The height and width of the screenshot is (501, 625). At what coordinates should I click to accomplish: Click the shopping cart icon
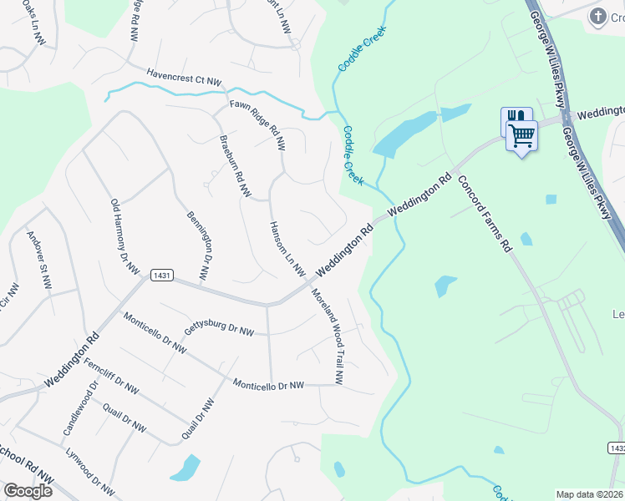click(x=522, y=134)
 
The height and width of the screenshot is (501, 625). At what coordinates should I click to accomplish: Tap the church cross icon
click(x=597, y=16)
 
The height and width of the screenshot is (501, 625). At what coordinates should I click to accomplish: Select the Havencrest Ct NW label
click(x=184, y=78)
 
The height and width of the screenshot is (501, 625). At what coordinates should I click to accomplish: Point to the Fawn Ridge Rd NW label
click(x=257, y=125)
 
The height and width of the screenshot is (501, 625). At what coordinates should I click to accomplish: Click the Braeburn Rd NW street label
click(x=234, y=167)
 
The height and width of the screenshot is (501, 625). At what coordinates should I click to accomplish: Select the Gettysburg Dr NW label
click(x=219, y=326)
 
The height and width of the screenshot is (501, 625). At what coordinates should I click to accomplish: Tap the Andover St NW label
click(x=39, y=259)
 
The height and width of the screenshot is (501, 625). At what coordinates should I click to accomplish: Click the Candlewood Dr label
click(x=80, y=409)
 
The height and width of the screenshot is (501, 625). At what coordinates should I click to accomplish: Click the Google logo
click(x=28, y=490)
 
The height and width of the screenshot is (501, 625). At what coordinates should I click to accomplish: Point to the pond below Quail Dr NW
click(x=186, y=468)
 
